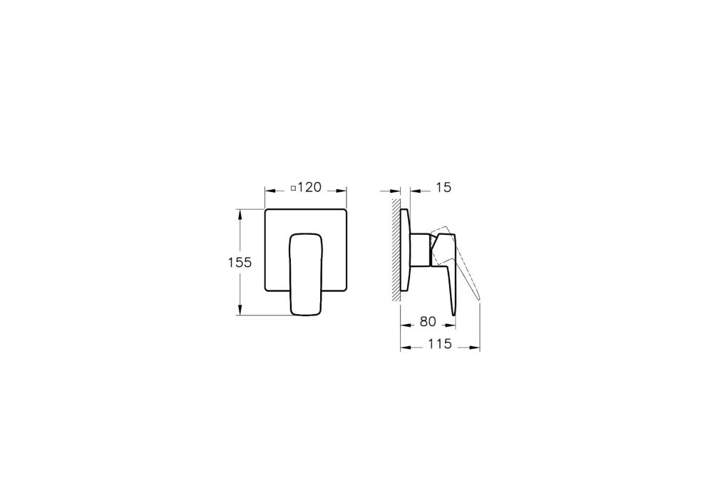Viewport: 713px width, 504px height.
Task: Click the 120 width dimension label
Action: [309, 188]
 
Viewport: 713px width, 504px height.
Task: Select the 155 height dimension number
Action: [240, 262]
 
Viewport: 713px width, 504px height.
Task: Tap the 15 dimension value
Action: [443, 188]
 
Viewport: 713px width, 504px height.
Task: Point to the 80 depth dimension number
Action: [428, 322]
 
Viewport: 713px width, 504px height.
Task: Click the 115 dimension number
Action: [440, 344]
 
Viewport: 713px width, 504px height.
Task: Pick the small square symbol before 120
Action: [293, 188]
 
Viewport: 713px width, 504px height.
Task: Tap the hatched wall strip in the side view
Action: [396, 250]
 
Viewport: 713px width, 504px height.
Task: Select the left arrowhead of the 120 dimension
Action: [269, 191]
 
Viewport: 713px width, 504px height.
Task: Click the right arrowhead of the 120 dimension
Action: [342, 191]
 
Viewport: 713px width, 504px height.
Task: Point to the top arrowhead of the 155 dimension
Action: [240, 213]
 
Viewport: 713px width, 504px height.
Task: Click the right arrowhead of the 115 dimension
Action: [476, 348]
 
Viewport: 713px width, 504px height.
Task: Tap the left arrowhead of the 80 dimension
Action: [405, 326]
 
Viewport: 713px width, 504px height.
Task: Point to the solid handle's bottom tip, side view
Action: [453, 311]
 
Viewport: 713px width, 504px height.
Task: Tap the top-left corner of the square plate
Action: [267, 211]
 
